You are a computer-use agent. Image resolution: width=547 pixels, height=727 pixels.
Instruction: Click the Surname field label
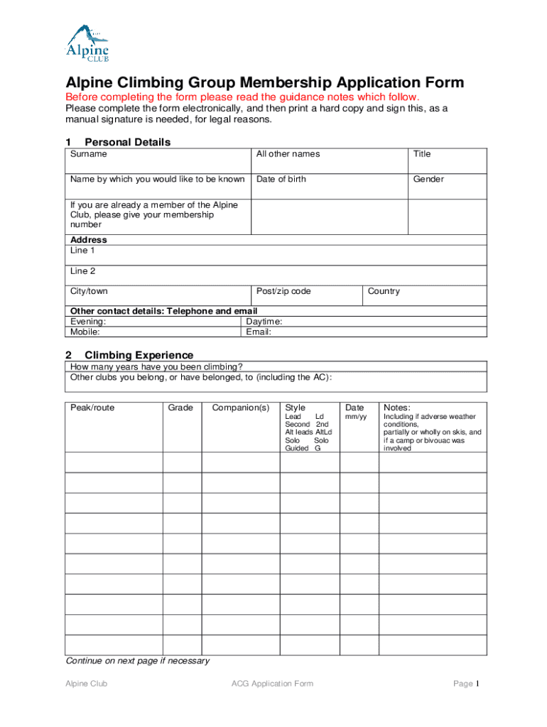point(89,154)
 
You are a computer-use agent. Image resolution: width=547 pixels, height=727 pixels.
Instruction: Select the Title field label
point(422,154)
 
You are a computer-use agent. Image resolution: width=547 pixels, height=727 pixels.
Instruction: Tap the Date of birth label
point(281,179)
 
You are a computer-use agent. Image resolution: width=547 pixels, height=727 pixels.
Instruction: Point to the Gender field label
point(428,179)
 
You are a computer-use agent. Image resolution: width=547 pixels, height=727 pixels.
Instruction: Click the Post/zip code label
point(283,291)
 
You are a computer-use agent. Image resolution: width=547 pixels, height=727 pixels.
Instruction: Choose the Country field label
point(384,291)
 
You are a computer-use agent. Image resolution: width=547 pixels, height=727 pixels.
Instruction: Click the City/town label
point(89,291)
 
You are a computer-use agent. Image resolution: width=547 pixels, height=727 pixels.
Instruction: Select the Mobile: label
point(85,332)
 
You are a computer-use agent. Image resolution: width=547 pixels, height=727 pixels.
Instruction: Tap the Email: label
point(259,332)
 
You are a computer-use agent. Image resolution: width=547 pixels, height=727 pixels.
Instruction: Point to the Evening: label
point(88,322)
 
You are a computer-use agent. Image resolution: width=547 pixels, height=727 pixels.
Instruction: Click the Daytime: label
point(264,322)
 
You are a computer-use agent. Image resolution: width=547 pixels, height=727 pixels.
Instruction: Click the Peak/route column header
point(92,408)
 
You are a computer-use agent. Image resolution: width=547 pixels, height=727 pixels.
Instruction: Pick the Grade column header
point(180,408)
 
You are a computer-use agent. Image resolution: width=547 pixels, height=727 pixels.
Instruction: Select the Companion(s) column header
point(241,408)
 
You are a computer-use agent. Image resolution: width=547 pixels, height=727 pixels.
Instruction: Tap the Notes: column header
point(397,408)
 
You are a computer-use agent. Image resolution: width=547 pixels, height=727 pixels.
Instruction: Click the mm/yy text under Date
point(354,417)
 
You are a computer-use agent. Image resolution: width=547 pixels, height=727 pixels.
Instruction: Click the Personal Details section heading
point(127,142)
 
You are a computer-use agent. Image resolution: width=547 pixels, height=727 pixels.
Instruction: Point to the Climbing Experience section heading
point(139,355)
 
